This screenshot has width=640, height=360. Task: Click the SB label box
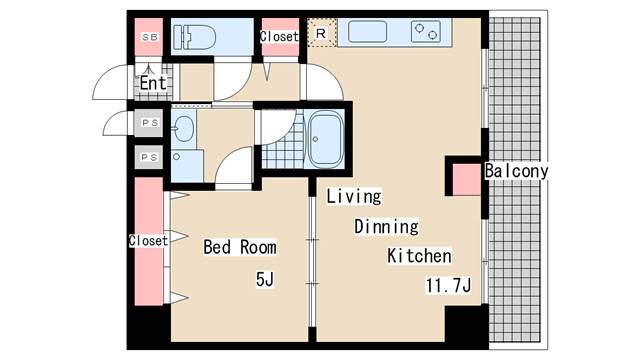pyautogui.click(x=150, y=37)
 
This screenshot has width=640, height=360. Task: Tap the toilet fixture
pyautogui.click(x=194, y=38)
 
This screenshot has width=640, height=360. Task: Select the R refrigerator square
pyautogui.click(x=321, y=33)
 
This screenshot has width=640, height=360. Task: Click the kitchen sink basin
pyautogui.click(x=367, y=31)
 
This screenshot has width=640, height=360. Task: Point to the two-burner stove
pyautogui.click(x=426, y=31)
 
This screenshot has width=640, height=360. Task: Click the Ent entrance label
pyautogui.click(x=153, y=83)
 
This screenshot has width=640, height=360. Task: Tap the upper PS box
pyautogui.click(x=149, y=122)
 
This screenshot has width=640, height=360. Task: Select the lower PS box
pyautogui.click(x=149, y=157)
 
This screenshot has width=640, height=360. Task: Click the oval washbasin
pyautogui.click(x=183, y=129)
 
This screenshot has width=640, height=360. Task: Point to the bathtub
pyautogui.click(x=325, y=139)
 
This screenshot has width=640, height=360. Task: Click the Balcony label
pyautogui.click(x=516, y=171)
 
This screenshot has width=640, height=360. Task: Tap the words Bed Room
pyautogui.click(x=240, y=247)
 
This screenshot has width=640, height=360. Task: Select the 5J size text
pyautogui.click(x=265, y=280)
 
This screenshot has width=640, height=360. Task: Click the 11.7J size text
pyautogui.click(x=449, y=285)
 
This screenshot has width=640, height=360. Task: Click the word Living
pyautogui.click(x=354, y=196)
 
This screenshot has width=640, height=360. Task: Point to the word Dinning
pyautogui.click(x=386, y=227)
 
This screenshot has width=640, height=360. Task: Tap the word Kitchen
pyautogui.click(x=419, y=256)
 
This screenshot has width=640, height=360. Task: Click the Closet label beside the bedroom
pyautogui.click(x=148, y=240)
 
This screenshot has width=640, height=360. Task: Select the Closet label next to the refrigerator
pyautogui.click(x=279, y=36)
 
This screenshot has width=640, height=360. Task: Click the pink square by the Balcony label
pyautogui.click(x=467, y=180)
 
